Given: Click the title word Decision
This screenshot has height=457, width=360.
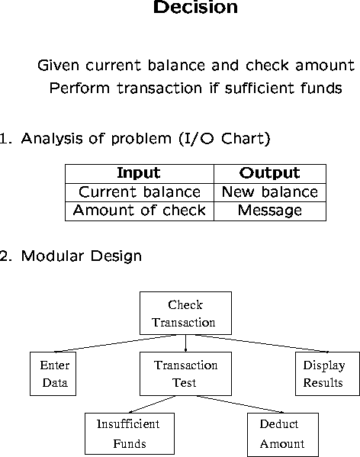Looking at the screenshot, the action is click(195, 7).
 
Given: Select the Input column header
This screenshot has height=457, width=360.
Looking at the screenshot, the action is click(139, 174).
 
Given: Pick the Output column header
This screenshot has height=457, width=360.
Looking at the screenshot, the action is click(270, 174).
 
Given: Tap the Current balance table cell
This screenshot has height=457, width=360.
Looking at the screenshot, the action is click(140, 192).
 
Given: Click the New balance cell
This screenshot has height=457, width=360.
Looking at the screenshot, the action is click(270, 192).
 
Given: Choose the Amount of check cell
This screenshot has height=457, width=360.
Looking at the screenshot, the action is click(140, 211).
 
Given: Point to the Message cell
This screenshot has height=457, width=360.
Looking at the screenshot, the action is click(270, 211).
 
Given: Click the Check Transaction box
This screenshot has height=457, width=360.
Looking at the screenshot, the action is click(185, 313).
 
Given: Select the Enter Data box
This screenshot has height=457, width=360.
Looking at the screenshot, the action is click(53, 374).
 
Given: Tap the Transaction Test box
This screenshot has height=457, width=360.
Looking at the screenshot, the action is click(185, 374).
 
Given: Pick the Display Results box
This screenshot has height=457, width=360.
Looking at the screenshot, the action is click(327, 374).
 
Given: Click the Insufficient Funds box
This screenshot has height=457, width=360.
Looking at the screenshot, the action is click(130, 433).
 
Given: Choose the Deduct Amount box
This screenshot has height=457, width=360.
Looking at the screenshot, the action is click(283, 435).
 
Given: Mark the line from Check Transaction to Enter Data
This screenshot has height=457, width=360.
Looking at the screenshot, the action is click(116, 343).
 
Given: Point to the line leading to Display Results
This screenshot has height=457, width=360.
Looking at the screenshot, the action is click(262, 343).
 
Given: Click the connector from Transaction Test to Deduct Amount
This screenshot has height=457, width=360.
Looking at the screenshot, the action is click(240, 404).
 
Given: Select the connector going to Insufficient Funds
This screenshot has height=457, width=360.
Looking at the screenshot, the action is click(152, 404).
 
